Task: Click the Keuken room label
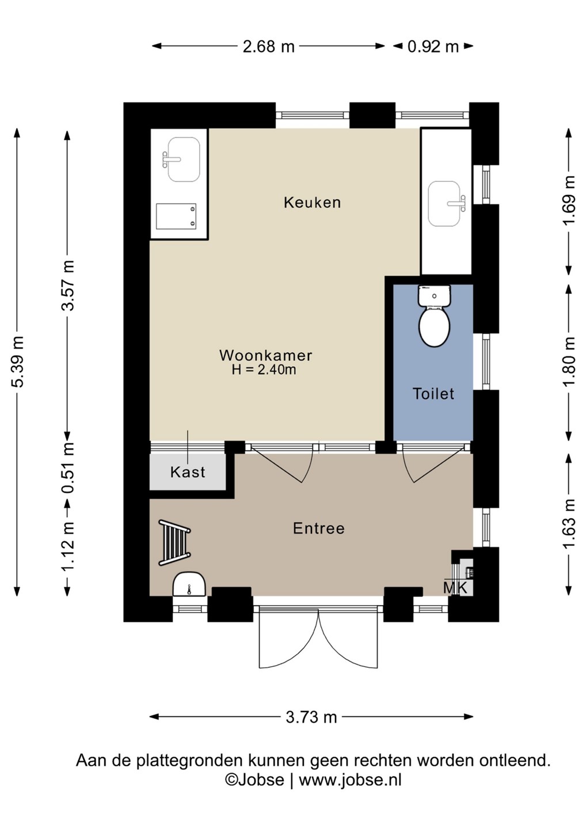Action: click(312, 203)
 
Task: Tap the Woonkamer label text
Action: click(266, 355)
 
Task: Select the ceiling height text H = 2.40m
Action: click(264, 370)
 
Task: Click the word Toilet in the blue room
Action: click(433, 394)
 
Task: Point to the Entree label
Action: click(318, 528)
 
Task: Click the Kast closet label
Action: click(188, 472)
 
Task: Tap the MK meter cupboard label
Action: click(455, 588)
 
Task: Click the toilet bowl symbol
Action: click(435, 316)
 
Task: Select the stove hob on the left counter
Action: click(176, 216)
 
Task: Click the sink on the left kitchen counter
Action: click(182, 159)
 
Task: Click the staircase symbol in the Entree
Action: click(174, 542)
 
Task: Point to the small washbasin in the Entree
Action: click(189, 584)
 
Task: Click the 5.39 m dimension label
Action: click(17, 362)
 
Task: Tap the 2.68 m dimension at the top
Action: click(268, 47)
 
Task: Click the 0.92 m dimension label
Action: click(433, 47)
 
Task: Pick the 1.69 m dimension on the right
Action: click(569, 200)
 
